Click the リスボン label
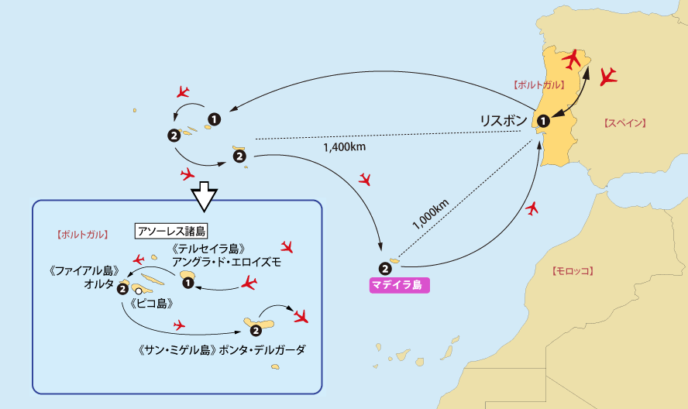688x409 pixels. [504, 120]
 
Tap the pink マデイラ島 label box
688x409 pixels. [395, 285]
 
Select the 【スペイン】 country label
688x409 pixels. [624, 123]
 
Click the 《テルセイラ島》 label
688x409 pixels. [211, 249]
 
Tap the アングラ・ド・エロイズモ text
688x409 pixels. [226, 263]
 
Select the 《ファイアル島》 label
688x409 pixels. [83, 271]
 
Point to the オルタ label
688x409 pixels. [99, 285]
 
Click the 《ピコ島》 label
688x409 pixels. [152, 304]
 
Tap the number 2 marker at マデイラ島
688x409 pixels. [385, 269]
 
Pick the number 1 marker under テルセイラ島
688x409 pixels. [187, 284]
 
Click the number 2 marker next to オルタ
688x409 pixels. [122, 289]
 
